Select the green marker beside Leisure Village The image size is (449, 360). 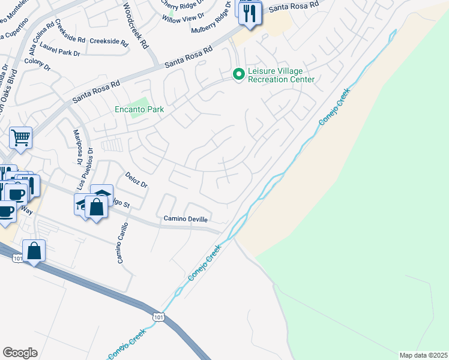(239, 74)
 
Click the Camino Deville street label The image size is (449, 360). (186, 219)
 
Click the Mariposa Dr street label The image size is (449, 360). (77, 146)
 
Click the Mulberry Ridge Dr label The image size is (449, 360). (211, 29)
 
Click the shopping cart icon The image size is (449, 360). (20, 137)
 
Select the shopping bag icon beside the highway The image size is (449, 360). (34, 250)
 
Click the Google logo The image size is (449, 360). (20, 353)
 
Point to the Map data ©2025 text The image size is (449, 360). (424, 355)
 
